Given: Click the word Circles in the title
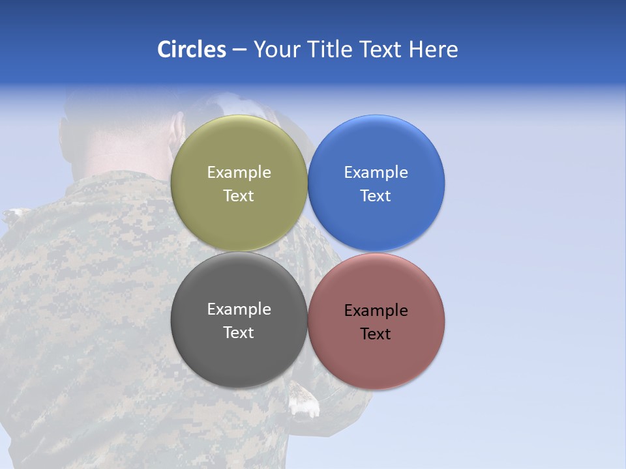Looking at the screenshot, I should click(x=191, y=50).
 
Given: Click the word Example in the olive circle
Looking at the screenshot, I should click(x=239, y=173).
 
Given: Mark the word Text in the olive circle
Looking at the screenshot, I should click(x=239, y=196).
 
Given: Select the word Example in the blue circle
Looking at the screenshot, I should click(x=376, y=173).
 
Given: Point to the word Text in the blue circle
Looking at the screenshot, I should click(x=376, y=196).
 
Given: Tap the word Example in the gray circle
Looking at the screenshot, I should click(x=239, y=309).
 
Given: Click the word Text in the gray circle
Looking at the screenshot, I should click(x=239, y=333).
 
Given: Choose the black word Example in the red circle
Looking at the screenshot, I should click(x=376, y=311).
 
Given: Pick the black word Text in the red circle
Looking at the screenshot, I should click(x=376, y=334).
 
